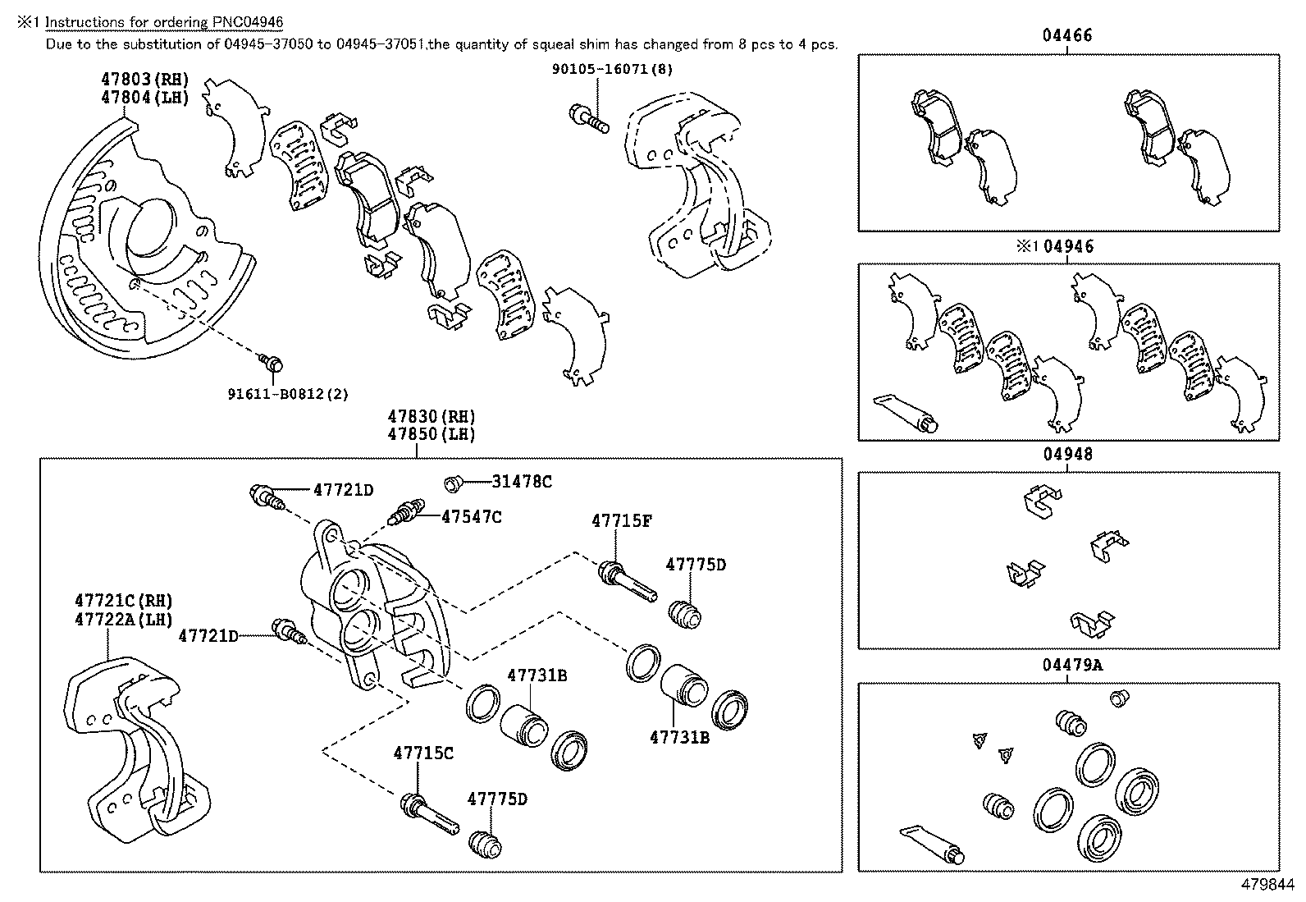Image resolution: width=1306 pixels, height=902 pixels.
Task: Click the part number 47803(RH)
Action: point(144,80)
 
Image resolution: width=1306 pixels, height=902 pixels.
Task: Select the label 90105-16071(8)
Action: point(612,70)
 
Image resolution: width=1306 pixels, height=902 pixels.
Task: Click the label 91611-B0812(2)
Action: point(288,394)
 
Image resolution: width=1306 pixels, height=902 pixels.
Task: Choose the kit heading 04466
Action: point(1067,35)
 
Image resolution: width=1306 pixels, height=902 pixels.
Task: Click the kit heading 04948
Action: point(1067,454)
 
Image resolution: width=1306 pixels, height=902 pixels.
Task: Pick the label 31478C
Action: point(522,482)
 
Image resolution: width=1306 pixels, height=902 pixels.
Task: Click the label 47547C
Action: point(471,516)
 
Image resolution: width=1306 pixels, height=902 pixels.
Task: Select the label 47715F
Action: point(622,520)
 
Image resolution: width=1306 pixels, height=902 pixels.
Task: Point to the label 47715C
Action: point(423,753)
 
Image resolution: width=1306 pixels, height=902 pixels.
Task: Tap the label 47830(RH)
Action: point(432,417)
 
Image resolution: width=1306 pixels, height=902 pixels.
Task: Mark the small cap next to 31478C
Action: point(453,483)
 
